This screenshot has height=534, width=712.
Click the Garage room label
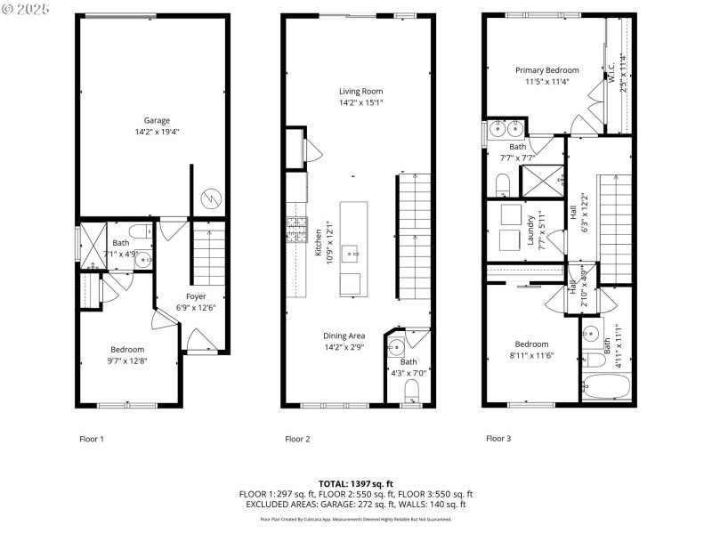157,121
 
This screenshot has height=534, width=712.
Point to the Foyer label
196,296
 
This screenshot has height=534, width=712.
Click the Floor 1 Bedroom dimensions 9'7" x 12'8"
127,360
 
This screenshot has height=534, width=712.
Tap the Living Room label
360,91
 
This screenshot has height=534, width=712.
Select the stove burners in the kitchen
295,230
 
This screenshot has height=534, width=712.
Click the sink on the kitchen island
353,254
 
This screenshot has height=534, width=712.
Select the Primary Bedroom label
546,70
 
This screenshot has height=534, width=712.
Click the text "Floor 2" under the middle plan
297,439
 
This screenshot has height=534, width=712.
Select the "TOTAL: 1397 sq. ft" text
356,483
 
